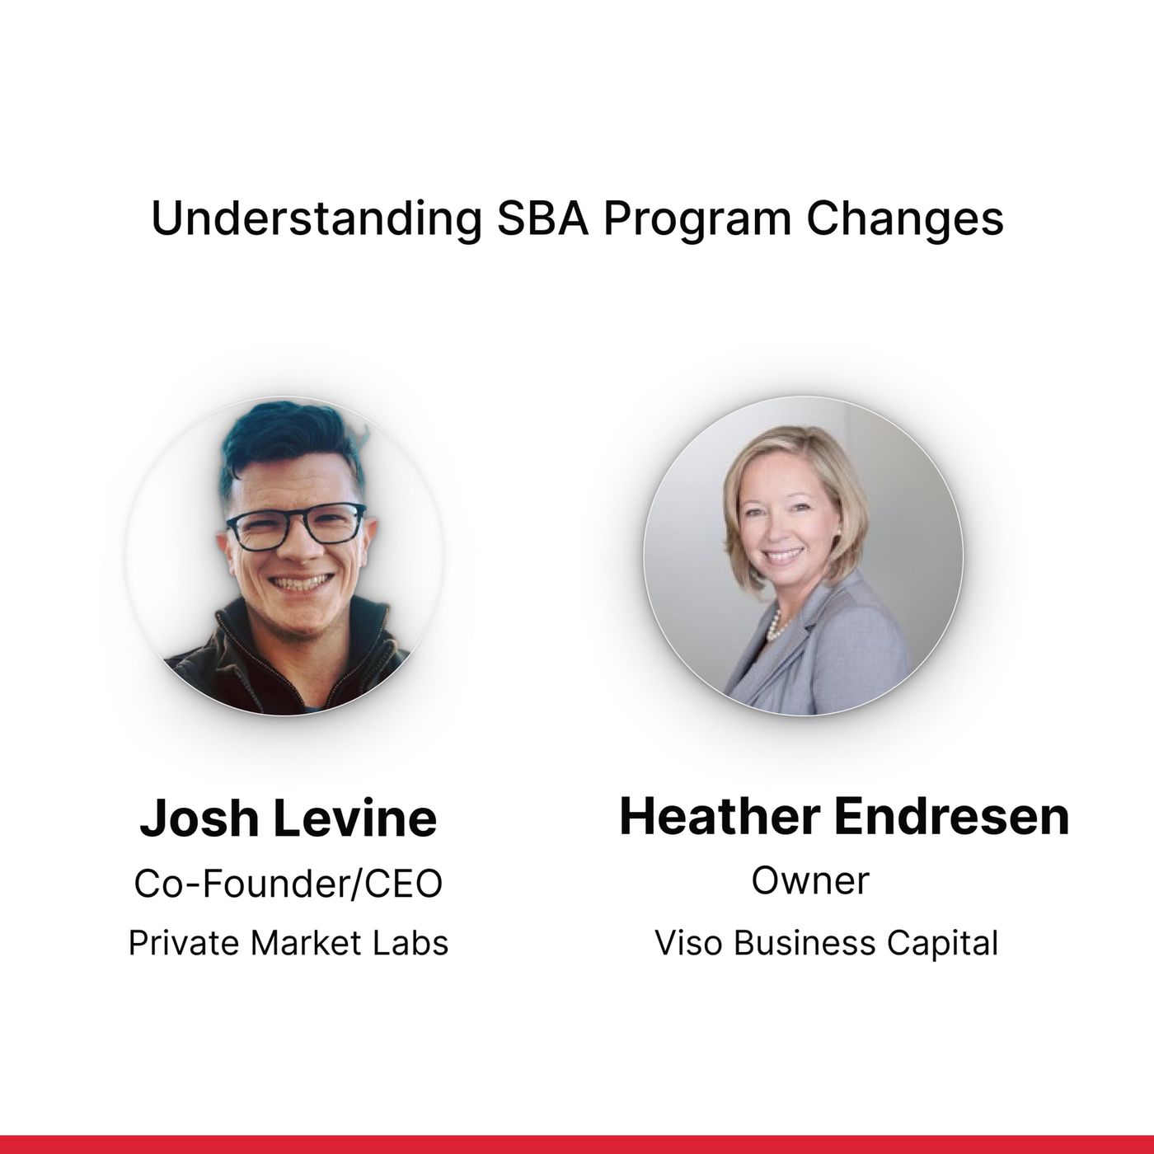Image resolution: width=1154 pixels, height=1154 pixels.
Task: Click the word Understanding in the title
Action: (x=317, y=219)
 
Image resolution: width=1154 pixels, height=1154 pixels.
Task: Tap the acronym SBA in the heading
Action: (x=542, y=218)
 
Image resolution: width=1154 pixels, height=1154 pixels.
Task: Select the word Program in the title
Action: (x=697, y=221)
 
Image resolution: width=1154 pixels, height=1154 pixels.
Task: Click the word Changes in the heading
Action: (x=905, y=220)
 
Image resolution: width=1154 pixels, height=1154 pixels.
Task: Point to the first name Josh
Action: (x=199, y=818)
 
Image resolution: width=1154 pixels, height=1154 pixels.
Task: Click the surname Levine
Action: (x=356, y=818)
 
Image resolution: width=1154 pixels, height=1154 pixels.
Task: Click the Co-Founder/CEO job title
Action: (x=288, y=884)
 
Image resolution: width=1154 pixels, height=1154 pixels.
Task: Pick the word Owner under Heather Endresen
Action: (x=810, y=881)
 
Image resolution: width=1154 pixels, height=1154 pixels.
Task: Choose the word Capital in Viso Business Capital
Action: (x=943, y=944)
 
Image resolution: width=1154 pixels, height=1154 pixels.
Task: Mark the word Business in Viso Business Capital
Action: (x=805, y=943)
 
